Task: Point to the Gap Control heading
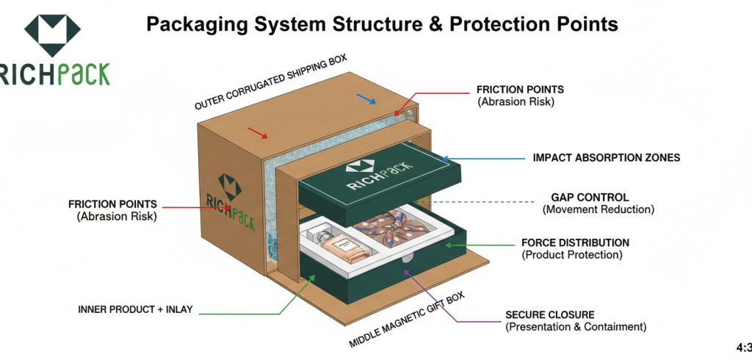[x=590, y=198]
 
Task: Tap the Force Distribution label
[x=575, y=242]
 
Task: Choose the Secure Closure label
[x=550, y=314]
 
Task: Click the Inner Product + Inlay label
[x=135, y=309]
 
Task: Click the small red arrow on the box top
[x=257, y=133]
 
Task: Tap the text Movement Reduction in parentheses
[x=599, y=210]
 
